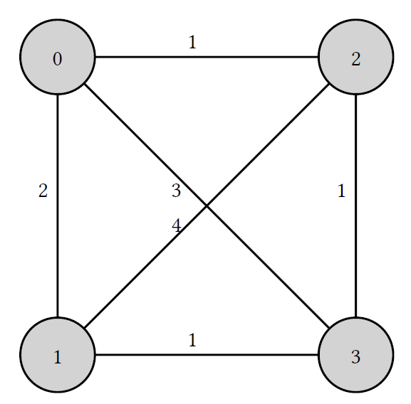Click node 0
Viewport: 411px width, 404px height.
tap(58, 56)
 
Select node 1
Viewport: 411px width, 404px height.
tap(58, 354)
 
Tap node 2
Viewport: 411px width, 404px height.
tap(355, 56)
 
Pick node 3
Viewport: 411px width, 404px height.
tap(355, 354)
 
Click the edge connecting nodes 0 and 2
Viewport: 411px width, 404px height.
tap(207, 56)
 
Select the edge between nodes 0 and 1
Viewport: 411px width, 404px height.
tap(58, 206)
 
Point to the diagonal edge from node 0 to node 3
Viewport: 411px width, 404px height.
tap(207, 206)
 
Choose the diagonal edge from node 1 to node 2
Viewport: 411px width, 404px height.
tap(207, 206)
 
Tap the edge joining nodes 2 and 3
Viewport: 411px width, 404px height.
tap(355, 206)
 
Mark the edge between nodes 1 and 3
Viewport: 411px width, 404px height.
tap(207, 354)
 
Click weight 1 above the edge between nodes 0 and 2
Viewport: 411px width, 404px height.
tap(192, 42)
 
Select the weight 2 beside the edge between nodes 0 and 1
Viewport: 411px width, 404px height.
tap(43, 191)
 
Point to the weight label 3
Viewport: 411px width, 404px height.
tap(176, 191)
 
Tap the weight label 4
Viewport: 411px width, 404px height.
tap(176, 225)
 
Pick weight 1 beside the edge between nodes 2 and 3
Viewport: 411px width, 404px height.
tap(341, 191)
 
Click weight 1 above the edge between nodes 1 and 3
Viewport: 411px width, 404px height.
tap(192, 340)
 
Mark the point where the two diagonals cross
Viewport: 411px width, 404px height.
tap(207, 206)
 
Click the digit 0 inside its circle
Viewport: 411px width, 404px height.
tap(58, 58)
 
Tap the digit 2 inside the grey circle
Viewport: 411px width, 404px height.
tap(355, 58)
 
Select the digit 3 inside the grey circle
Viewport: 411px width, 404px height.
tap(355, 356)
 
